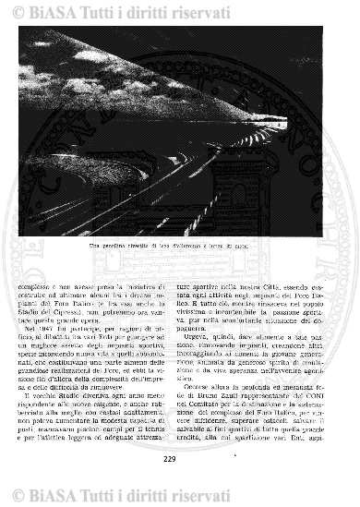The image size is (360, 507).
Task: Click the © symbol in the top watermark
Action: tap(17, 14)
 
